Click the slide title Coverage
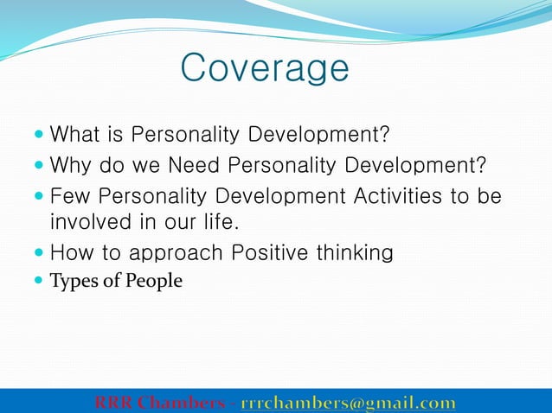pos(265,67)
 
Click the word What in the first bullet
pos(72,136)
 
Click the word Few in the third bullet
pos(68,196)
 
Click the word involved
pos(89,223)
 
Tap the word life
pos(216,223)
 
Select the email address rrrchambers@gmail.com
pos(348,403)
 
